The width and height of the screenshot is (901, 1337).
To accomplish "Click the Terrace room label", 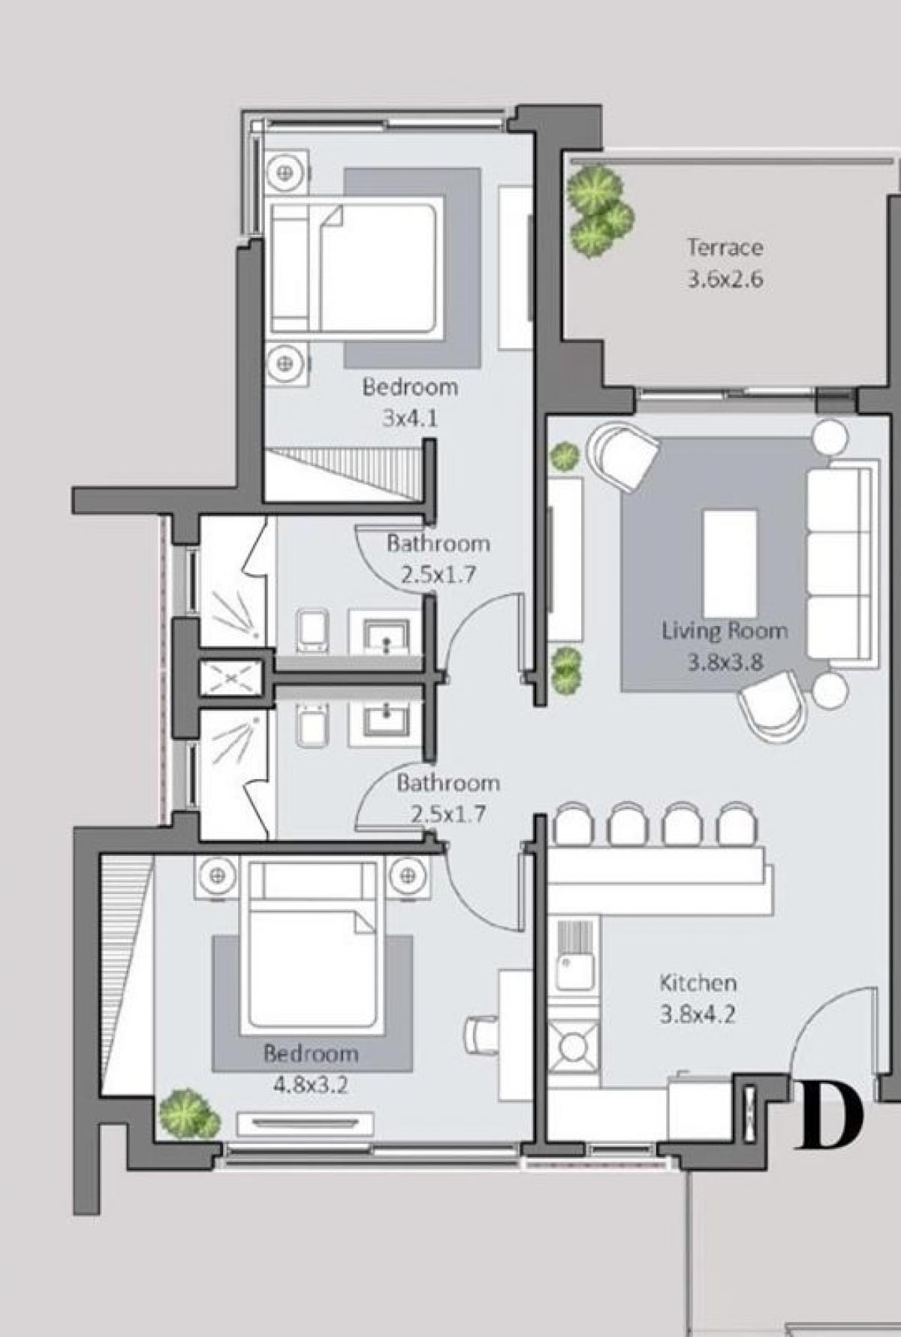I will [x=725, y=247].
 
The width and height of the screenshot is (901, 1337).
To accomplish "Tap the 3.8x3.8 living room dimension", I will [x=725, y=662].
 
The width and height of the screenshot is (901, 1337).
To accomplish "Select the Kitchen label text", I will [x=698, y=982].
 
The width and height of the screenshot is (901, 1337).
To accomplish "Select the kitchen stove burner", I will [x=574, y=1046].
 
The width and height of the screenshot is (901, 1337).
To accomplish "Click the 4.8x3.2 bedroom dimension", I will [x=310, y=1085].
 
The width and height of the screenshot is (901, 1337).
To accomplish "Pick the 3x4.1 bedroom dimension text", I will [x=409, y=418].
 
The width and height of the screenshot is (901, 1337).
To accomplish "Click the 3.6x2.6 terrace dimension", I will [x=725, y=279].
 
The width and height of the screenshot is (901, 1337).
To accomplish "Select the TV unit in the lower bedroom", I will [x=305, y=1124].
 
